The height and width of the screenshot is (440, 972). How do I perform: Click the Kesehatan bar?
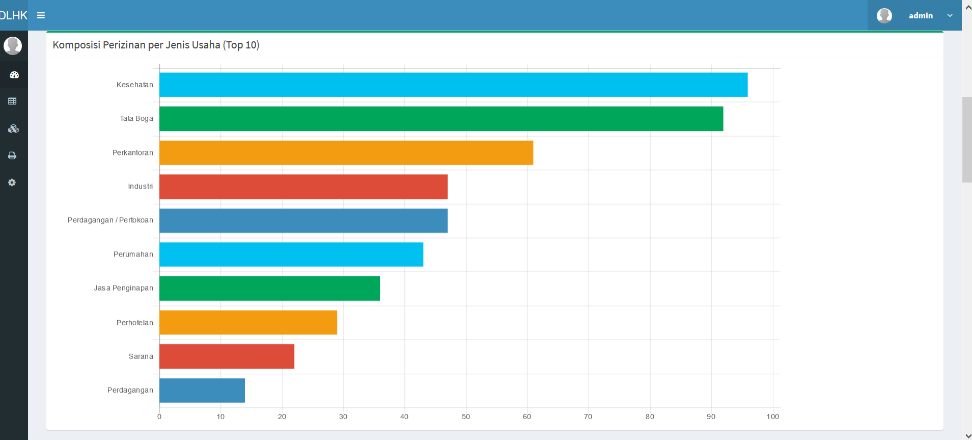pos(453,85)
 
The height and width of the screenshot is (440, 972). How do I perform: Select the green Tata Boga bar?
pos(441,119)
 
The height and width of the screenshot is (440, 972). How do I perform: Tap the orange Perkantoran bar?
pos(346,153)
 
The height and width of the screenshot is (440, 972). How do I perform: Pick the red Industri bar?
pos(303,187)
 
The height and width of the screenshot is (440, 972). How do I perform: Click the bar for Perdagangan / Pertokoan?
pos(303,221)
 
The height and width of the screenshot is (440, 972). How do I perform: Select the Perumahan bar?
pos(291,254)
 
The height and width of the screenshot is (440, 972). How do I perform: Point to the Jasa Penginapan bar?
pos(269,289)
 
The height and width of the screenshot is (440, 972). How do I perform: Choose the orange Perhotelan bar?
pos(248,323)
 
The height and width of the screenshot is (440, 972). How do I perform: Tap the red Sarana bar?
pos(227,356)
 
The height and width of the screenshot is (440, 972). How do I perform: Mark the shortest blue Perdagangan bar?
pos(202,391)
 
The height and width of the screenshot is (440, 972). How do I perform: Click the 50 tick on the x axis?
pos(466,417)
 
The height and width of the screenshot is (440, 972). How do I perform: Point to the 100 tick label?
pos(772,417)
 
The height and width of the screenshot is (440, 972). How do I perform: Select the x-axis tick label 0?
pos(159,417)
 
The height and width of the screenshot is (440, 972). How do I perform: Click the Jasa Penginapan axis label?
pos(123,288)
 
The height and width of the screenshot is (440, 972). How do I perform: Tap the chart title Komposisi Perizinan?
pos(156,45)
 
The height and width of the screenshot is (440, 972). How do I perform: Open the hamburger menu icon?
pos(41,15)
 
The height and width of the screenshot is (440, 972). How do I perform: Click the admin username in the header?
pos(921,16)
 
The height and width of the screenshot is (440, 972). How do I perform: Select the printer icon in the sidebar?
pos(12,156)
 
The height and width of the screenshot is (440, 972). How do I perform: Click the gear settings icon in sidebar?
pos(12,183)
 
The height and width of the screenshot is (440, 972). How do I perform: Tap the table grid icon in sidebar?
pos(12,101)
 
